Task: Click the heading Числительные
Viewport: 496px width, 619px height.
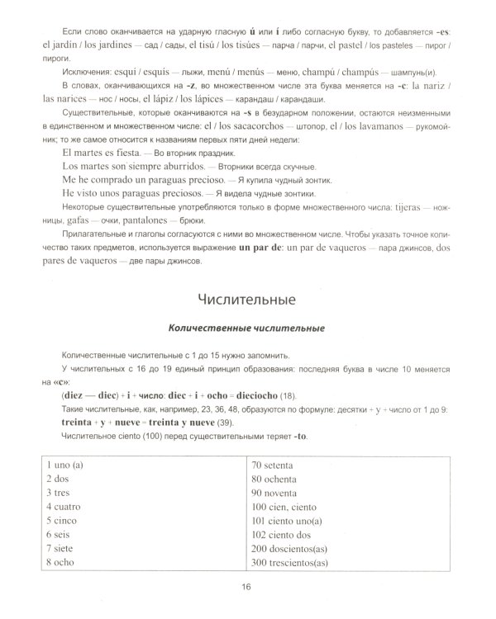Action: [x=248, y=295]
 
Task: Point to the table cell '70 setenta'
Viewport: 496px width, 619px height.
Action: [x=279, y=465]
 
